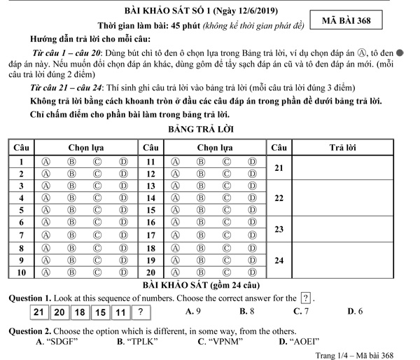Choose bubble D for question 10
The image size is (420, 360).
coord(123,272)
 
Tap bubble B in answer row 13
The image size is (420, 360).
coord(200,186)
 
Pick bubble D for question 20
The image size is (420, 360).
coord(252,272)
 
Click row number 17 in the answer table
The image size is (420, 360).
coord(150,235)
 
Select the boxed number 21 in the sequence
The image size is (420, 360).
coord(40,312)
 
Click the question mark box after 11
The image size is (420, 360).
coord(141,312)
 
